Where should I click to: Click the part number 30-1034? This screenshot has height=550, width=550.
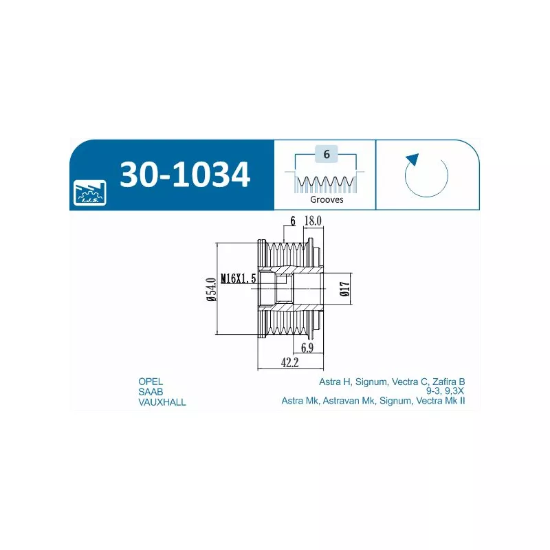[x=185, y=175]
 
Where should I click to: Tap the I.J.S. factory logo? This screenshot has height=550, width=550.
[x=90, y=193]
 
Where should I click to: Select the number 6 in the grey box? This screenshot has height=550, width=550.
[x=327, y=154]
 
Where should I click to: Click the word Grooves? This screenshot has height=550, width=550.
[x=327, y=199]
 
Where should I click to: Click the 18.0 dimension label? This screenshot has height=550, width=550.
[x=313, y=221]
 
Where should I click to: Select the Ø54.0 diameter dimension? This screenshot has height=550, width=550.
[x=211, y=289]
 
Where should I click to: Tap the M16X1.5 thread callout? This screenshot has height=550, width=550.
[x=238, y=278]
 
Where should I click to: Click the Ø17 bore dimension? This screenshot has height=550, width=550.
[x=345, y=289]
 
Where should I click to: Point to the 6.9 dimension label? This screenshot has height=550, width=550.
[x=307, y=348]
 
